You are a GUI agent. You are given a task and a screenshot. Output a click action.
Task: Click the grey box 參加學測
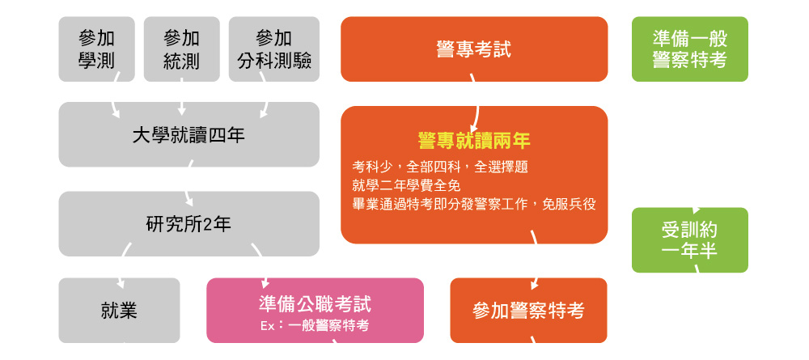[96, 49]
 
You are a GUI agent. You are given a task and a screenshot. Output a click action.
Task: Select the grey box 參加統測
[181, 49]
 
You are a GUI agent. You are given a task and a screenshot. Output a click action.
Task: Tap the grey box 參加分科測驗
[274, 49]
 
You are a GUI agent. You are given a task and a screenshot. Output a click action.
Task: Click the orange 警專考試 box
[474, 49]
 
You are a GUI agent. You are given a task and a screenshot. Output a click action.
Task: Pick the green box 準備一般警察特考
[690, 49]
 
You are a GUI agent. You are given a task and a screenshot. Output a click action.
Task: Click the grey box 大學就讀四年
[188, 134]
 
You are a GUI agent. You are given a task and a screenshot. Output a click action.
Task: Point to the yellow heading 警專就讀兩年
[474, 140]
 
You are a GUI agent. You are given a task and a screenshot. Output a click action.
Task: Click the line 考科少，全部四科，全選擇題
[439, 167]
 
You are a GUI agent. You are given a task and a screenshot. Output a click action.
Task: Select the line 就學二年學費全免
[406, 186]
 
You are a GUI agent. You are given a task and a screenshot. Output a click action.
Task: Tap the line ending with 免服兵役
[473, 204]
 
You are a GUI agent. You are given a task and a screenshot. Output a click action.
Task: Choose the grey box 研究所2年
[188, 224]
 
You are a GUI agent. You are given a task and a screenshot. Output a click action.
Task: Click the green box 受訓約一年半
[690, 239]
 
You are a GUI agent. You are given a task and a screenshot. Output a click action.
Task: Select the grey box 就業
[119, 311]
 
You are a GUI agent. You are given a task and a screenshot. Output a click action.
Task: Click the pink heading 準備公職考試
[315, 304]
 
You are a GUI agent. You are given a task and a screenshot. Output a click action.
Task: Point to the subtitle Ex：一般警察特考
[315, 326]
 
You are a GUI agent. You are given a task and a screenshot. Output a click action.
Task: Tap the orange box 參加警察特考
[528, 311]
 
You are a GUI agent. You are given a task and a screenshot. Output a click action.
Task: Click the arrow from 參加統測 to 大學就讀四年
[181, 97]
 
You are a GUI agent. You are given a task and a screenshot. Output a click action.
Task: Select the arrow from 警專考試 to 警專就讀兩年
[476, 104]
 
